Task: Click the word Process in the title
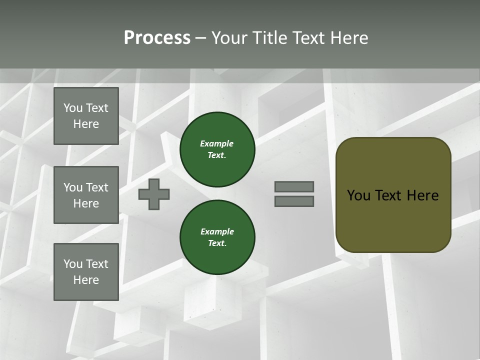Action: tap(157, 38)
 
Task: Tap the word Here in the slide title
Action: tap(348, 38)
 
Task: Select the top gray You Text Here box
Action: tap(86, 116)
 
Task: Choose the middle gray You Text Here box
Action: tap(86, 195)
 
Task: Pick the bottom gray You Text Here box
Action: tap(86, 271)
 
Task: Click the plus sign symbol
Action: tap(154, 194)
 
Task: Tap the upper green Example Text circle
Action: tap(217, 149)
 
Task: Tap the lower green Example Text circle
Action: tap(217, 237)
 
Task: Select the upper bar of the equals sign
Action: tap(294, 186)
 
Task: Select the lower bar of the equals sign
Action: tap(294, 201)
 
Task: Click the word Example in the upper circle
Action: tap(217, 143)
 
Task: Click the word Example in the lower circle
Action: tap(217, 231)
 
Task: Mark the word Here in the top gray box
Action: tap(86, 124)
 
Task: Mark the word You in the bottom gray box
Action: tap(73, 263)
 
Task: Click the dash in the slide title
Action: tap(200, 38)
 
